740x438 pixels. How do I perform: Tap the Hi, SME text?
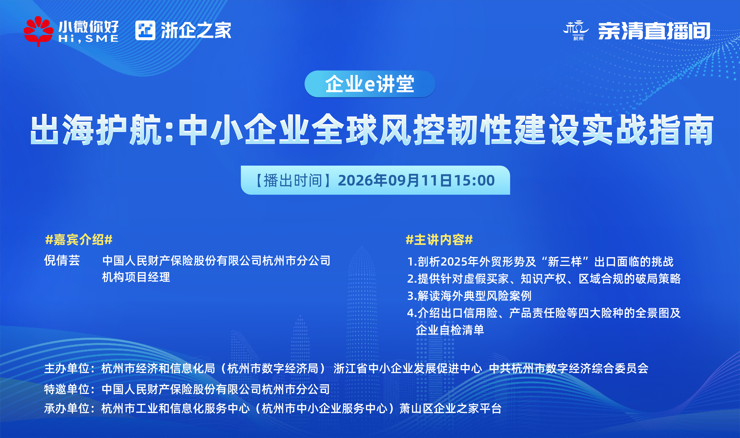[89, 39]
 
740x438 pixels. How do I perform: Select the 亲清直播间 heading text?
[654, 31]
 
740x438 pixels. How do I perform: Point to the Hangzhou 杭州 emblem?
[576, 30]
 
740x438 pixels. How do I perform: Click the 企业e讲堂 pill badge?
[370, 84]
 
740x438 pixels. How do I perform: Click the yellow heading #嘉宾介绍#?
[79, 240]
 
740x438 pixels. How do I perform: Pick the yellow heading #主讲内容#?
[439, 240]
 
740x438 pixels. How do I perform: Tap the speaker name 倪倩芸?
[62, 261]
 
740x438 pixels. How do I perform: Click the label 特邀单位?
[67, 389]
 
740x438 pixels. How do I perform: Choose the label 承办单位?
[67, 408]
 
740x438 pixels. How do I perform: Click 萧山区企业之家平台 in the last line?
[451, 408]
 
